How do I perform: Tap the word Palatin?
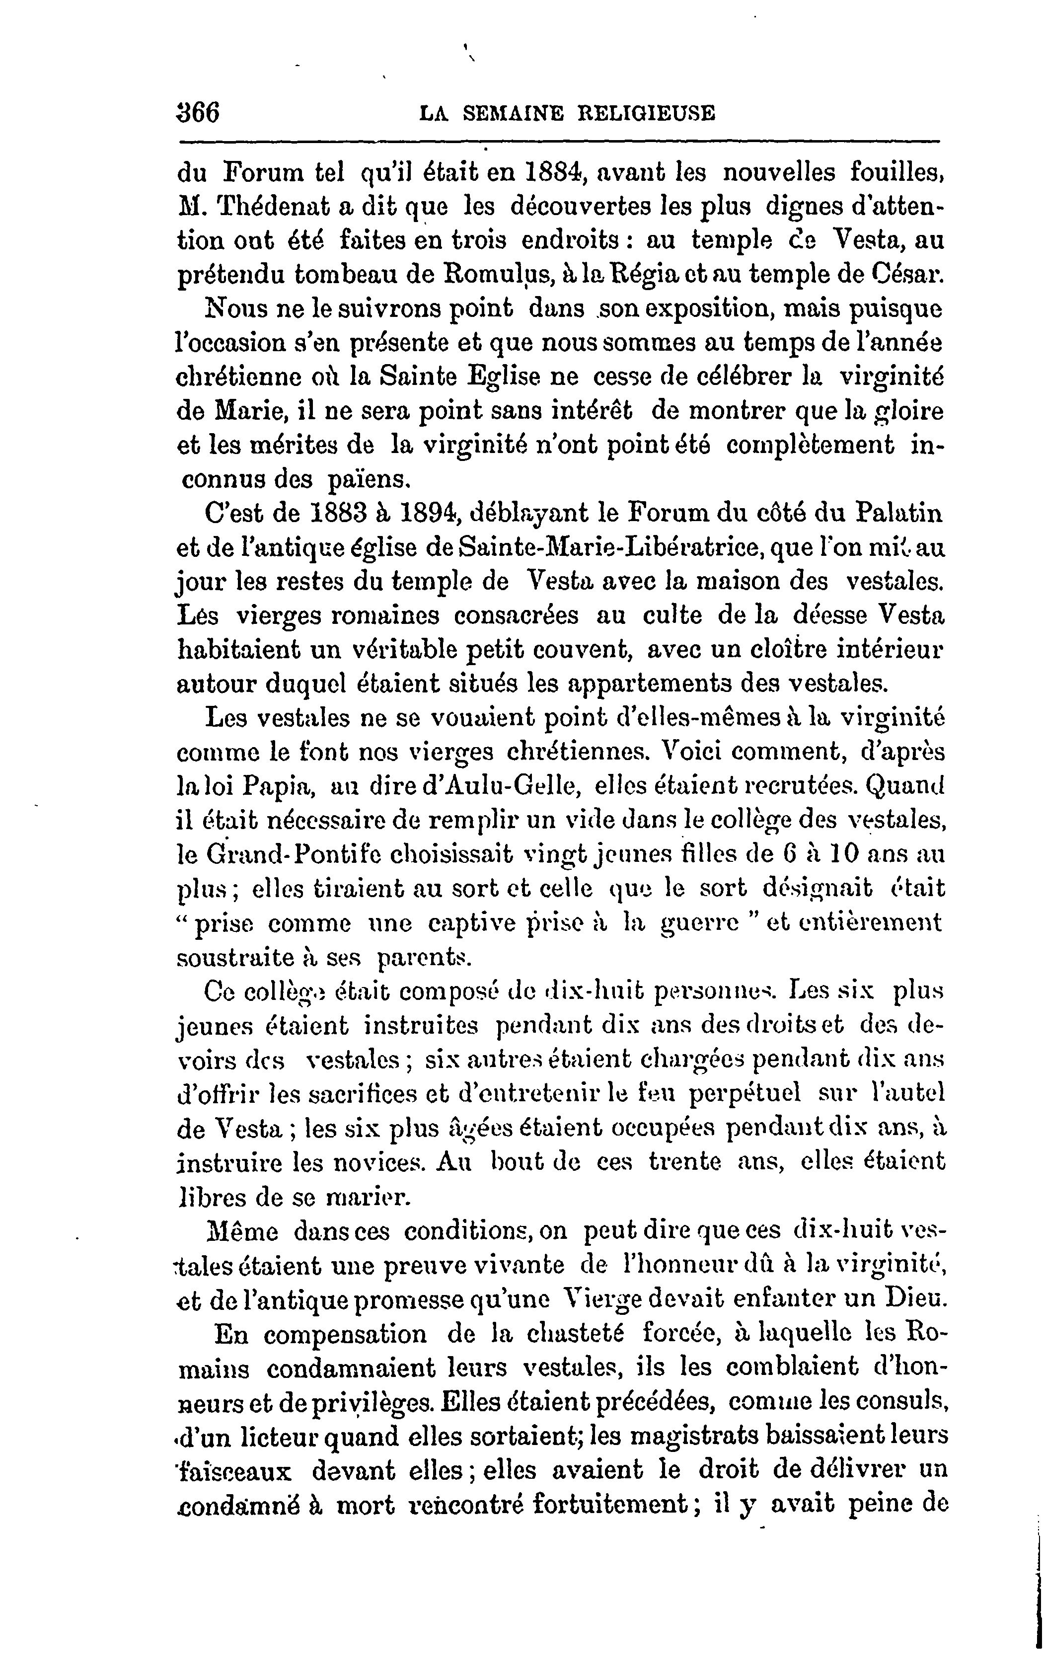[899, 513]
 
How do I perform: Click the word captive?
[477, 922]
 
